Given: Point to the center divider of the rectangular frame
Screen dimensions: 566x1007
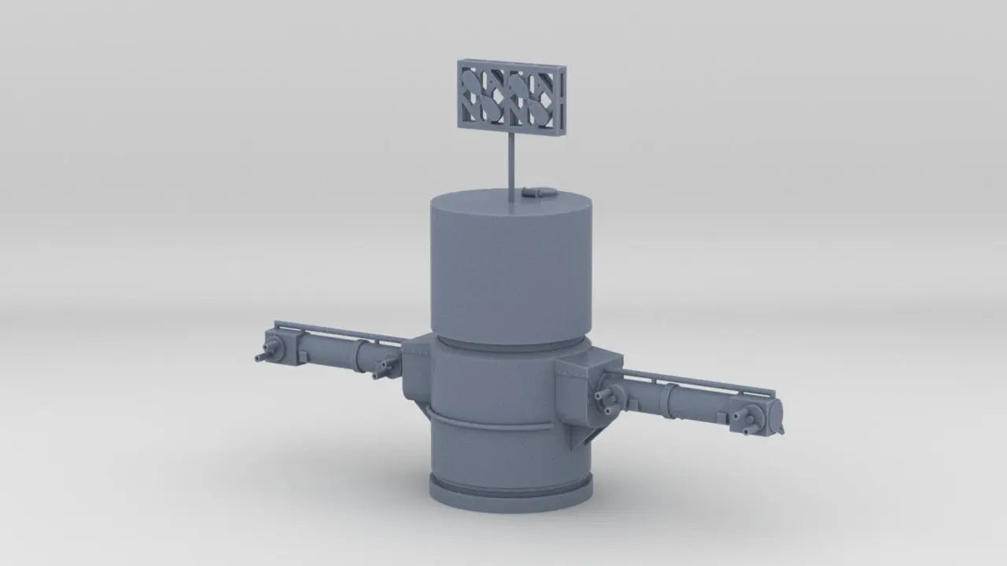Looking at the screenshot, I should tap(510, 97).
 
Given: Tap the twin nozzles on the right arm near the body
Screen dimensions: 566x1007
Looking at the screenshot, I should tap(606, 396).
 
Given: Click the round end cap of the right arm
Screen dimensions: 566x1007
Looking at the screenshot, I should tap(777, 415).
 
